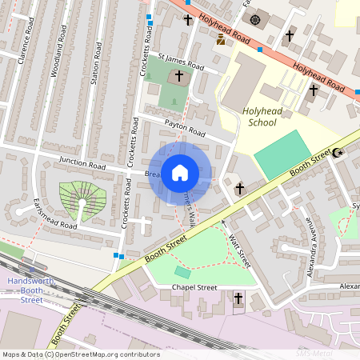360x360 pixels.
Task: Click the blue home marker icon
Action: [x=179, y=173]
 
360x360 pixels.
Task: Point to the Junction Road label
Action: [x=82, y=164]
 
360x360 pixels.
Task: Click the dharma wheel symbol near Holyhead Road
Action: [x=255, y=20]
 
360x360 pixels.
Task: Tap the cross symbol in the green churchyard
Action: [x=178, y=77]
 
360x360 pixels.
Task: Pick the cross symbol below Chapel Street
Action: [x=238, y=298]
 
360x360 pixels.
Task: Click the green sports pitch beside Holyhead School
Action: [x=282, y=154]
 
